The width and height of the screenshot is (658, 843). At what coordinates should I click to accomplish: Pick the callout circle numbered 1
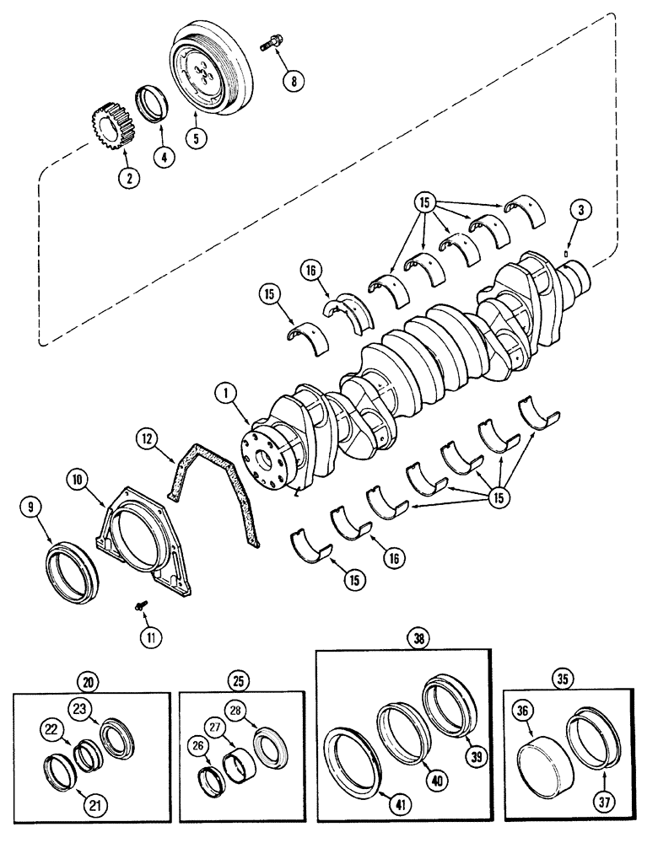[224, 392]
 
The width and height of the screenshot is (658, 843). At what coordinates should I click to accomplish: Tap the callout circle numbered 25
[240, 679]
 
